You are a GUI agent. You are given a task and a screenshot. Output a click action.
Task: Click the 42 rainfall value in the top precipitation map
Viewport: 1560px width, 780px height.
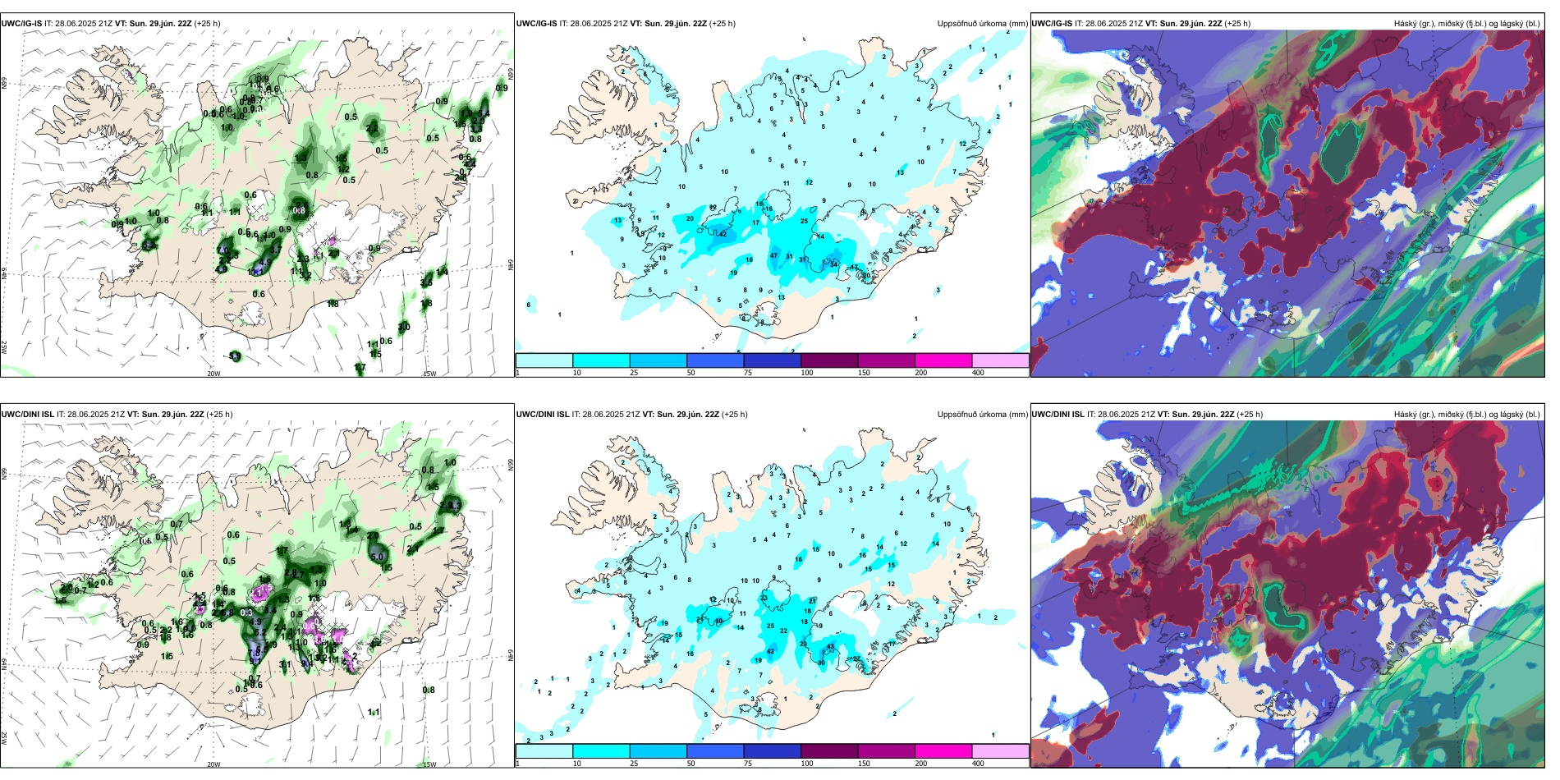tap(723, 234)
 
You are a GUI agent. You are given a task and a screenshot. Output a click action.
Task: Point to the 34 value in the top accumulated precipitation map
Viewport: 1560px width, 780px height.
tap(834, 264)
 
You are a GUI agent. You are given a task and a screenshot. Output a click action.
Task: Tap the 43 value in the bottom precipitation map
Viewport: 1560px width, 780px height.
tap(831, 647)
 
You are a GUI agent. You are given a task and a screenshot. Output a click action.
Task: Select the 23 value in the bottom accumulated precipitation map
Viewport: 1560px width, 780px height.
tap(764, 598)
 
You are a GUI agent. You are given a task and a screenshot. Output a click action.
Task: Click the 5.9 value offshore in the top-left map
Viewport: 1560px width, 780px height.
tap(235, 356)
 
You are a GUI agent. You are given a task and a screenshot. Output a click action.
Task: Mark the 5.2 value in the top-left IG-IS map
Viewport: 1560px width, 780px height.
tap(149, 245)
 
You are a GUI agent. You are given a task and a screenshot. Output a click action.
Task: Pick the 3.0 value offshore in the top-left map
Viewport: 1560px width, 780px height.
tap(404, 327)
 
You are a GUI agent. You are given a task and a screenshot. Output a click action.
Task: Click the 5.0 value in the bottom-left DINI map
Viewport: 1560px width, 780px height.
tap(377, 557)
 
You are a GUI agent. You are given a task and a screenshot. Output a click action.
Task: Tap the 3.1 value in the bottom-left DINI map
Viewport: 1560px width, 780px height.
tap(285, 664)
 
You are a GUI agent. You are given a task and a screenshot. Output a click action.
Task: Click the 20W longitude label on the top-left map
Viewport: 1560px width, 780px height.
tap(213, 374)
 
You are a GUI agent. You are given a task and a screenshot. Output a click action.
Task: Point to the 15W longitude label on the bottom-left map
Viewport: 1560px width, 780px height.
tap(429, 764)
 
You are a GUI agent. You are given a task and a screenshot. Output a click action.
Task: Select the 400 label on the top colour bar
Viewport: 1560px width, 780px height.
tap(978, 373)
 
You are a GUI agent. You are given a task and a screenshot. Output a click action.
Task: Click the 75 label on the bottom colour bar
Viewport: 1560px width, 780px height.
tap(748, 764)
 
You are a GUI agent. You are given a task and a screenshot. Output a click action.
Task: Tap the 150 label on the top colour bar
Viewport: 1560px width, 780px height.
tap(864, 373)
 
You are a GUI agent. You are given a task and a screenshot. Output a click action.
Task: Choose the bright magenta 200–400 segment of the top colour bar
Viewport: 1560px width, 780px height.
tap(943, 360)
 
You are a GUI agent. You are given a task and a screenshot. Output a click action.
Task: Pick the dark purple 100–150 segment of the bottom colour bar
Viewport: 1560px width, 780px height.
tap(829, 751)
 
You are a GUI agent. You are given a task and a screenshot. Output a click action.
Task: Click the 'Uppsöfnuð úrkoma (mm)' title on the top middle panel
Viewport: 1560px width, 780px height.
tap(982, 24)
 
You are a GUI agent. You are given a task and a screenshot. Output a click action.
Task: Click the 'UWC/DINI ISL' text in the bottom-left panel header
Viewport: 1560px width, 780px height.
tap(27, 415)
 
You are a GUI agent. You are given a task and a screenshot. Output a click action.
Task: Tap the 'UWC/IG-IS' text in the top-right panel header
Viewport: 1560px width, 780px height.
tap(1052, 24)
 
